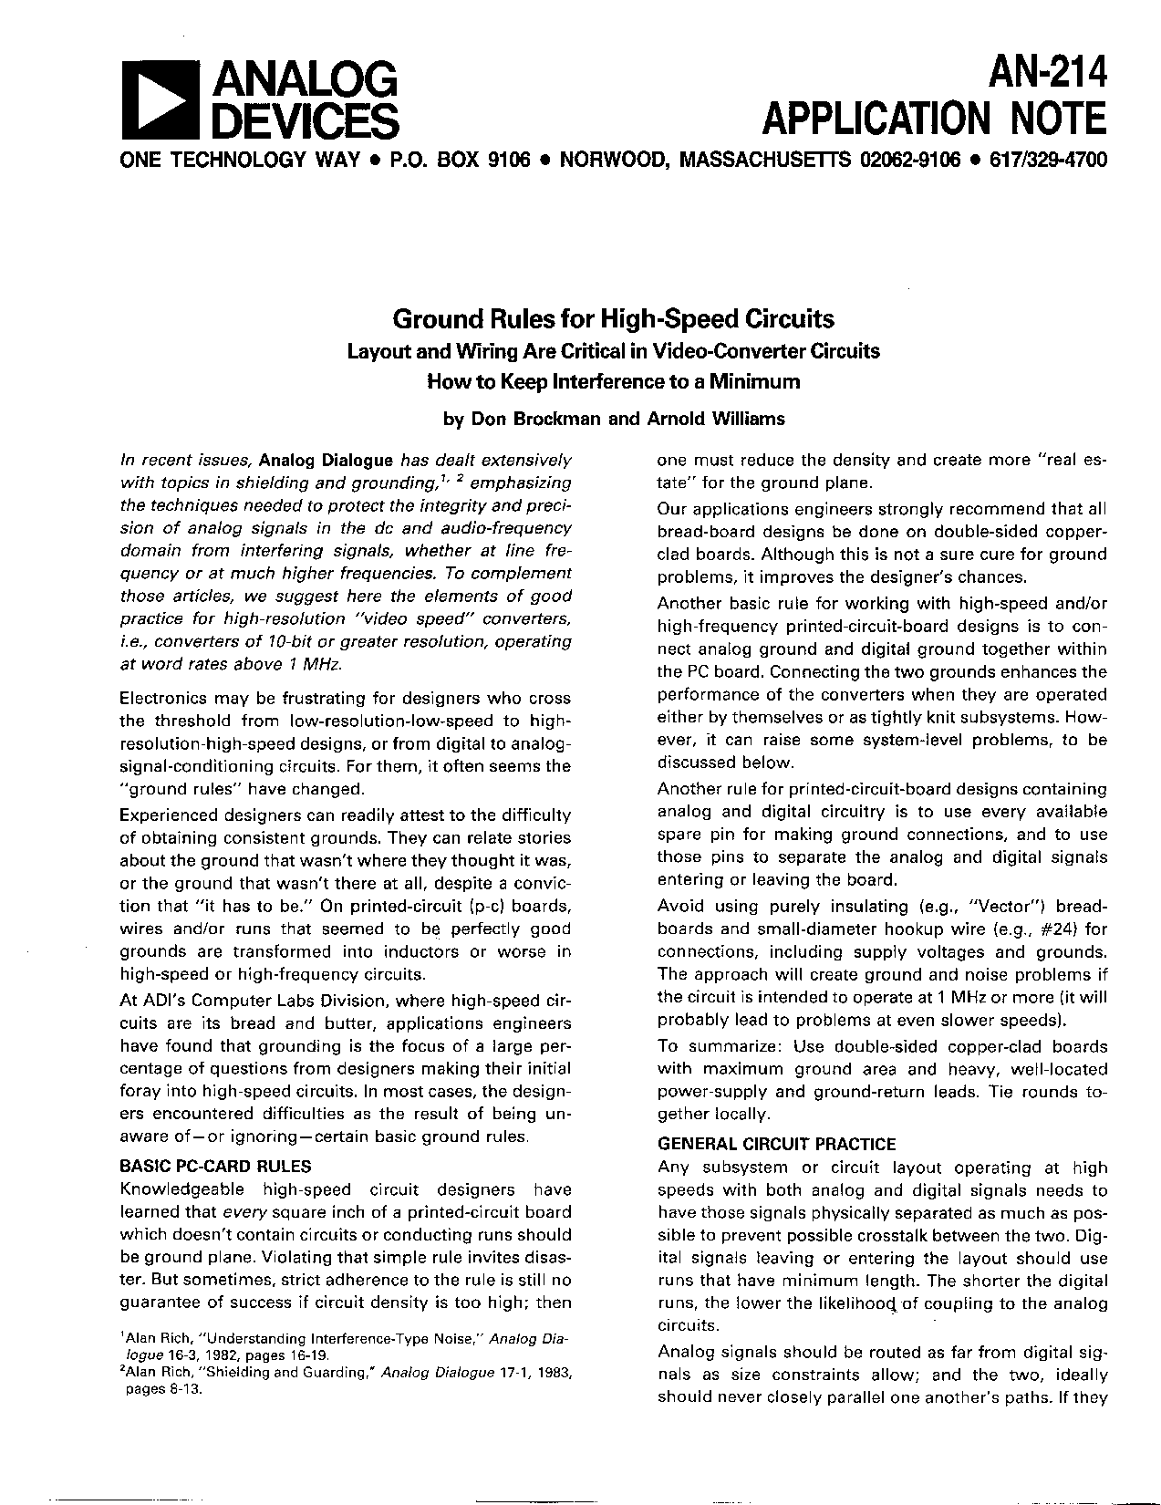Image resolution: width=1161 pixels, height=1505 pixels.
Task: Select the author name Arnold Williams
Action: [715, 419]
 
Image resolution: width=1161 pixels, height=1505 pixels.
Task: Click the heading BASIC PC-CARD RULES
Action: [215, 1166]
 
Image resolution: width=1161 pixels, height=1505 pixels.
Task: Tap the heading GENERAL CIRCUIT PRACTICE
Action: [776, 1144]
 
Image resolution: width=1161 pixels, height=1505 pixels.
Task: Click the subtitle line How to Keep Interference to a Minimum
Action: [613, 381]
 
